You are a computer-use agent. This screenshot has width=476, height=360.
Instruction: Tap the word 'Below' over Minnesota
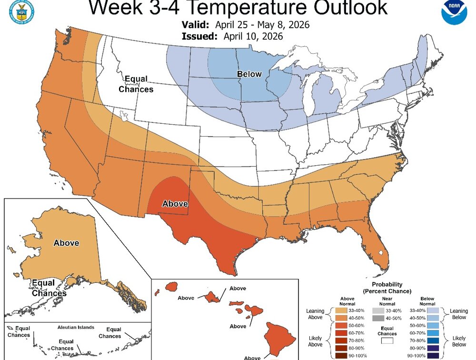[x=250, y=74]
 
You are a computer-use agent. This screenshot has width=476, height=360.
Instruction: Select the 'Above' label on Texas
[x=175, y=204]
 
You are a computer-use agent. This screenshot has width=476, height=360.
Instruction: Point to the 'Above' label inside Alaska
[x=66, y=243]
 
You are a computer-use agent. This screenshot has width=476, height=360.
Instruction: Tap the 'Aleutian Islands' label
[x=76, y=328]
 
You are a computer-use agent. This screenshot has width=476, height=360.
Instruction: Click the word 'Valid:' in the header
[x=195, y=24]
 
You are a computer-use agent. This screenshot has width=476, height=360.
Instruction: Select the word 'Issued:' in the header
[x=198, y=36]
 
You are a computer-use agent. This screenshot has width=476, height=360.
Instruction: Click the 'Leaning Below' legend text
[x=459, y=314]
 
